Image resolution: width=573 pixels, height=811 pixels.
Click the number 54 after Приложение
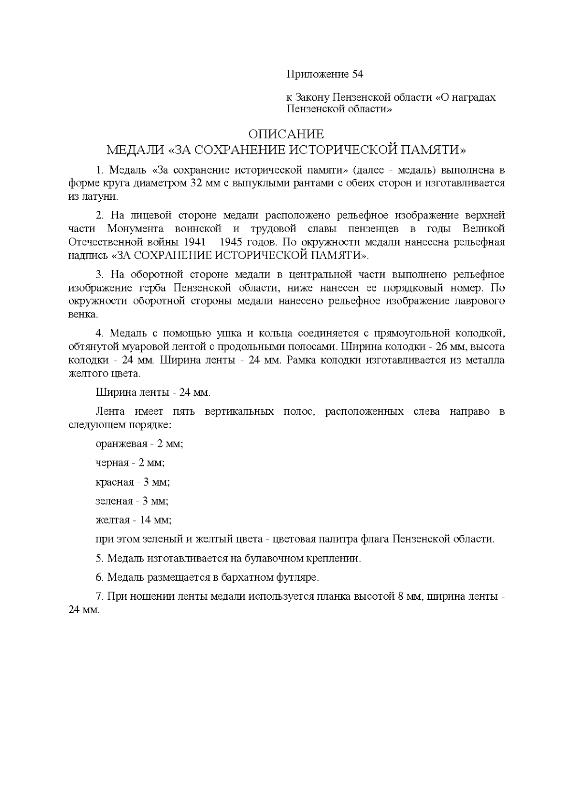(x=358, y=75)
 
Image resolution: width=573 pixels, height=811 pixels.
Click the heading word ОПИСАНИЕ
(x=286, y=134)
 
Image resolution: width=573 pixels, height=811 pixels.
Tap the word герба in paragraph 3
(x=153, y=288)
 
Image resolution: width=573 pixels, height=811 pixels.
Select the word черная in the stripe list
(x=112, y=463)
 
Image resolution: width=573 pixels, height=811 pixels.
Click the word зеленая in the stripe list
(x=114, y=501)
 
